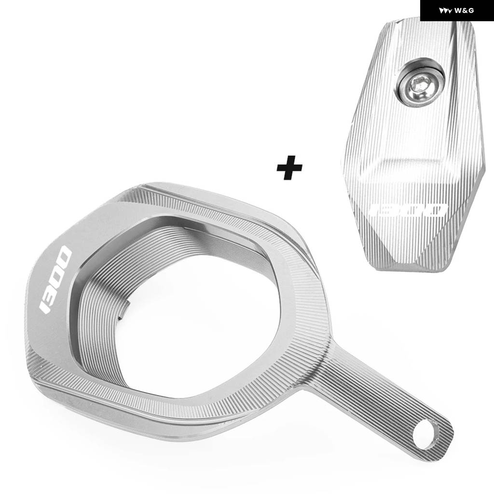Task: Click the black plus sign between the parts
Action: point(289,167)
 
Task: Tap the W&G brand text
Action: point(464,11)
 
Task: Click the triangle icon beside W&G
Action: point(445,11)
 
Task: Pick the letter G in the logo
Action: point(471,11)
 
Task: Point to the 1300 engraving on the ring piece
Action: point(55,279)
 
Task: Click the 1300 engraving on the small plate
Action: point(409,210)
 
